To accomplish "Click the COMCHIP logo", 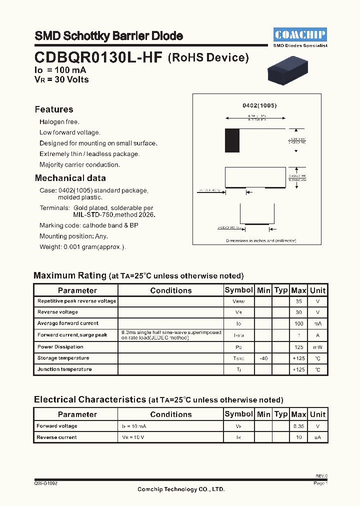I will [x=300, y=34].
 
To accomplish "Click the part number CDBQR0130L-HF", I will [x=98, y=57].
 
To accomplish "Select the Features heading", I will [x=54, y=109].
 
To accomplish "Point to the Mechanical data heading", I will [x=70, y=178].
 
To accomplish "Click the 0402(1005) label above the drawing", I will [x=259, y=106].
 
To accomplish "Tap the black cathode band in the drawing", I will [x=232, y=140].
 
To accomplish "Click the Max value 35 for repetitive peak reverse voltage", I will [x=298, y=301].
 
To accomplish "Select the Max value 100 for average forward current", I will [x=298, y=323].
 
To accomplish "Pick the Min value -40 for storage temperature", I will [x=263, y=358].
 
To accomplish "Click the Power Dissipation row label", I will [x=60, y=346].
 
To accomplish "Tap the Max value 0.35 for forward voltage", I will [x=298, y=426].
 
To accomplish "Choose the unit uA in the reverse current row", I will [x=317, y=437].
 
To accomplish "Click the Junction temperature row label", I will [x=64, y=369].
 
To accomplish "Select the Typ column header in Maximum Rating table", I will [x=281, y=290].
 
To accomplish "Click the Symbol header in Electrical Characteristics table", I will [x=238, y=414].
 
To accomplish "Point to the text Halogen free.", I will [x=59, y=121].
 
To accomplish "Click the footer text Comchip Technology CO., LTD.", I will [x=181, y=489].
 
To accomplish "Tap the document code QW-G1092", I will [x=46, y=483].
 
